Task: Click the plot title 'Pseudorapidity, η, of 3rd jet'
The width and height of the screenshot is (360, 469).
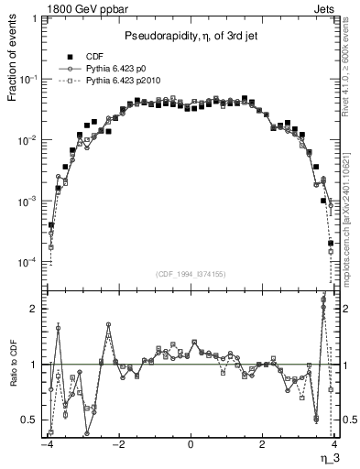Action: tap(191, 36)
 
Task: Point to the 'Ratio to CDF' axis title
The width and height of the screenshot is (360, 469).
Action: tap(12, 375)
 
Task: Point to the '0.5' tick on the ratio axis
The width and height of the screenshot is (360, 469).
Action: tap(29, 420)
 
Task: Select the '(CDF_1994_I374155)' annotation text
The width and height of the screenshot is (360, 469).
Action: tap(191, 272)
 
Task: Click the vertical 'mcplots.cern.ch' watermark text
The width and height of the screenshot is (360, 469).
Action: tap(351, 238)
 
